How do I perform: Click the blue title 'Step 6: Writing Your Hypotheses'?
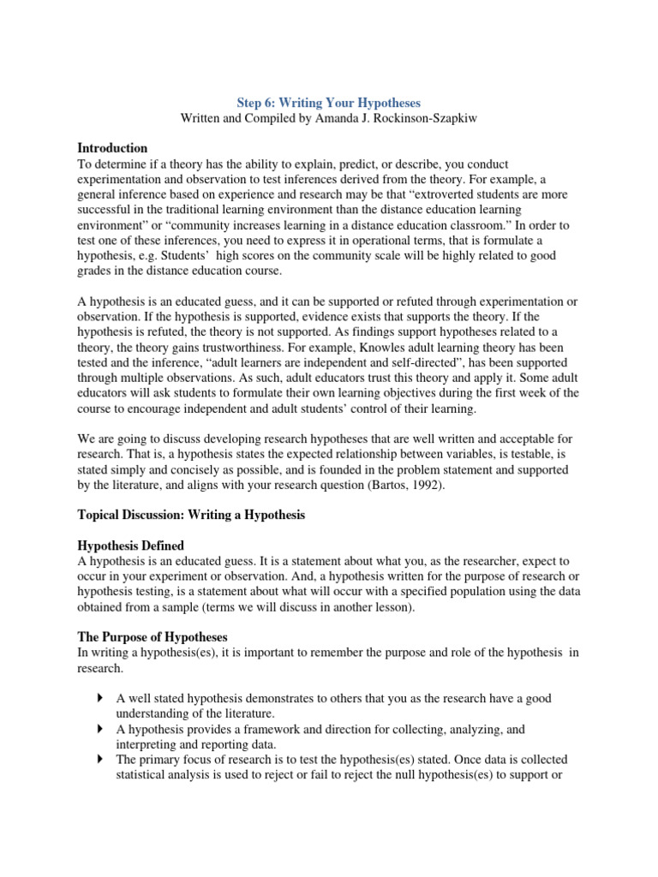point(328,103)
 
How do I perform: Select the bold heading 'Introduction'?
point(112,148)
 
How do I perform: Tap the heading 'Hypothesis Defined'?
point(130,546)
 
